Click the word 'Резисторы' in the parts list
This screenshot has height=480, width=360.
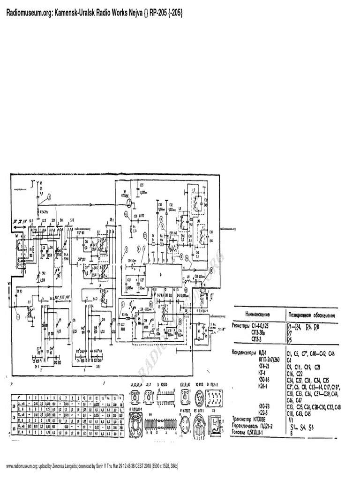pyautogui.click(x=244, y=325)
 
